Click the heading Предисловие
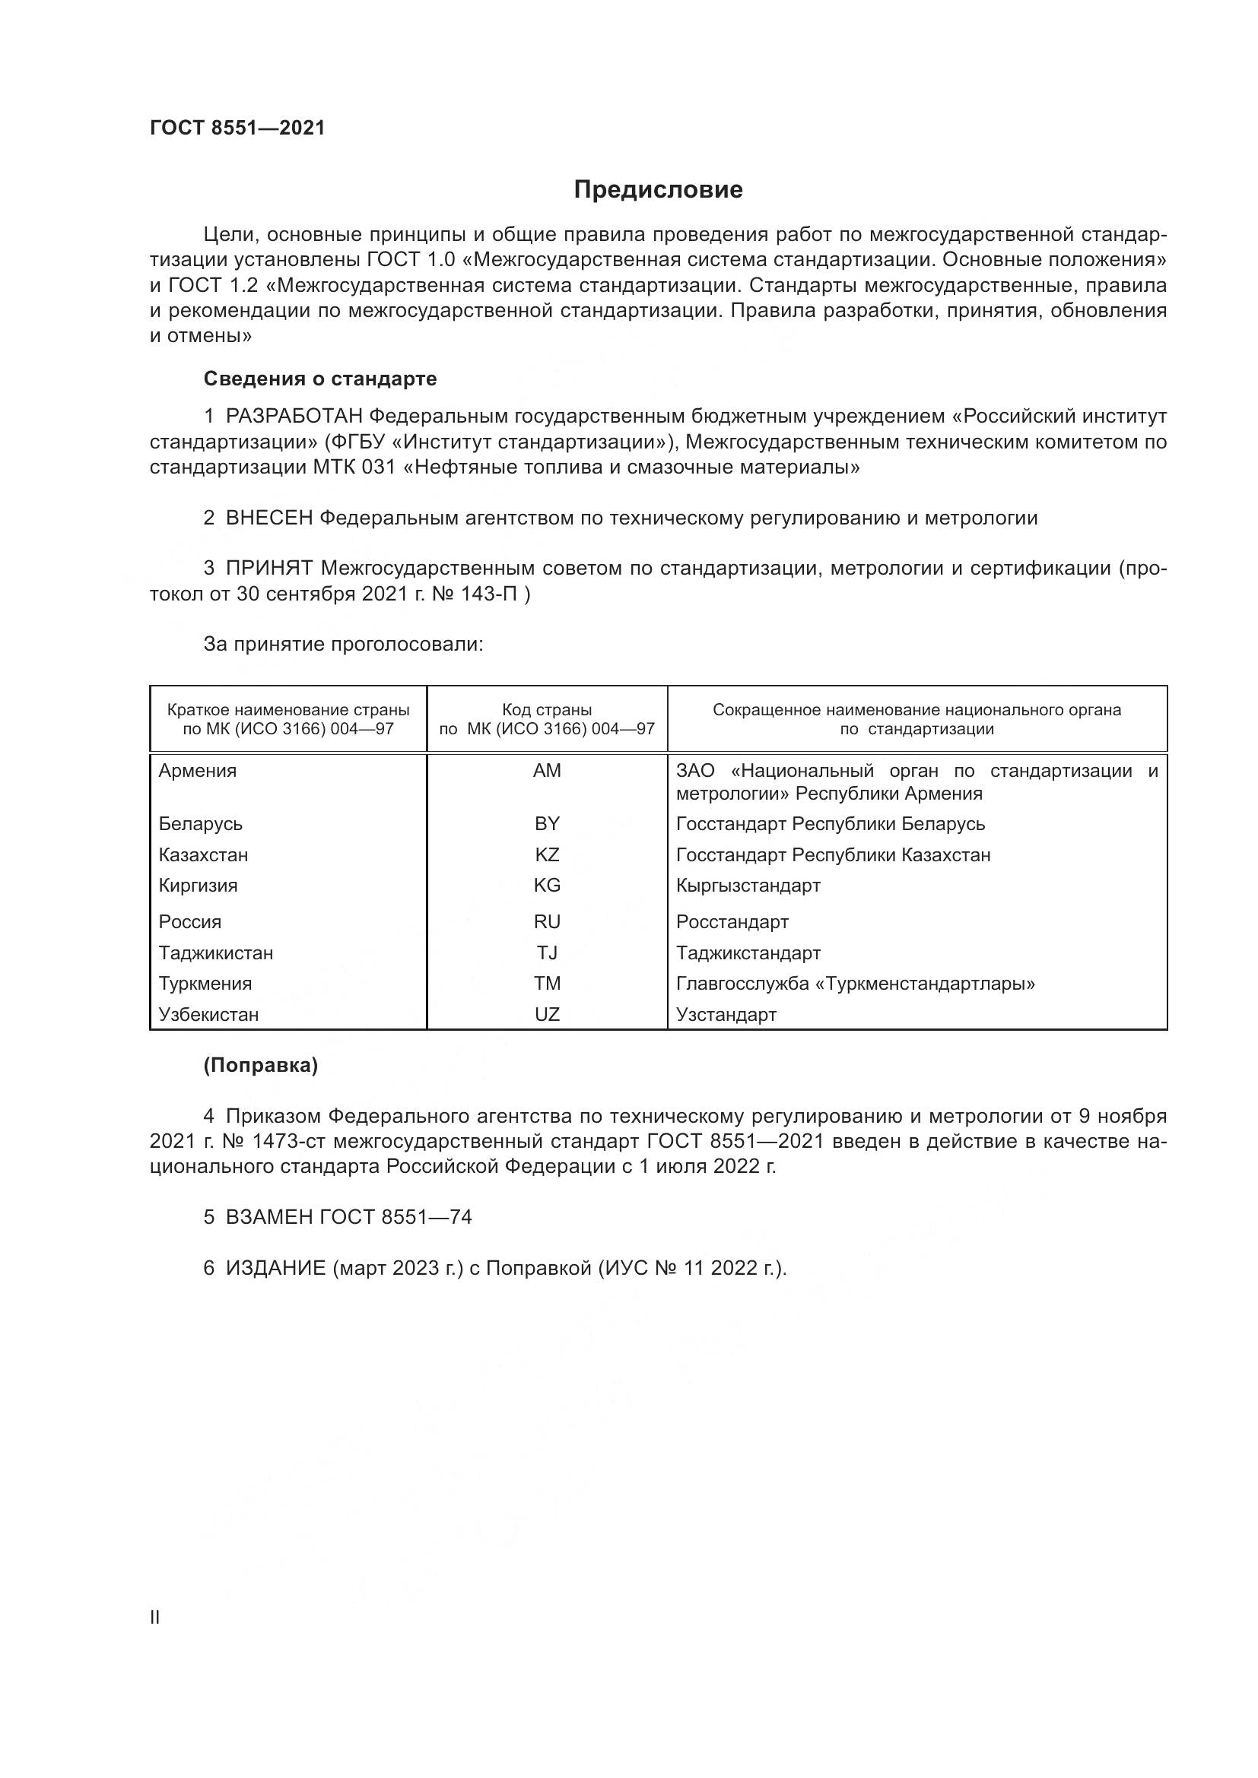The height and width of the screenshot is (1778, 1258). (x=658, y=190)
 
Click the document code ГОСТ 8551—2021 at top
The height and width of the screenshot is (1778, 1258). (x=237, y=128)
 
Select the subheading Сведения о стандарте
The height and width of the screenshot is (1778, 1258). (x=320, y=379)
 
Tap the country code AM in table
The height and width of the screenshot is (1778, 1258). (x=547, y=771)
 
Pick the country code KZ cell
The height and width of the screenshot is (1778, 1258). (x=547, y=855)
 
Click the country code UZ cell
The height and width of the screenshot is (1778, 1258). (x=547, y=1015)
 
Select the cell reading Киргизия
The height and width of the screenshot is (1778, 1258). (x=199, y=885)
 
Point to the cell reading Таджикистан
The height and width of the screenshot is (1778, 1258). (x=216, y=953)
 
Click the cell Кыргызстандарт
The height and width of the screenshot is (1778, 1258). (x=748, y=885)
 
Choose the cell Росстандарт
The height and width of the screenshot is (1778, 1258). (x=732, y=922)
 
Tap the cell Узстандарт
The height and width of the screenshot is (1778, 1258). (x=726, y=1015)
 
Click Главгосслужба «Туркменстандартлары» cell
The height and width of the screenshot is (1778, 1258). (x=855, y=984)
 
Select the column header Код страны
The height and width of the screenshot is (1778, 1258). (x=547, y=710)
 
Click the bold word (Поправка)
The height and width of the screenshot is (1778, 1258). (x=260, y=1066)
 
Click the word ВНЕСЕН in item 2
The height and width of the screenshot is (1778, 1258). (x=268, y=518)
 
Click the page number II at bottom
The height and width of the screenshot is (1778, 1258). (x=155, y=1618)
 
